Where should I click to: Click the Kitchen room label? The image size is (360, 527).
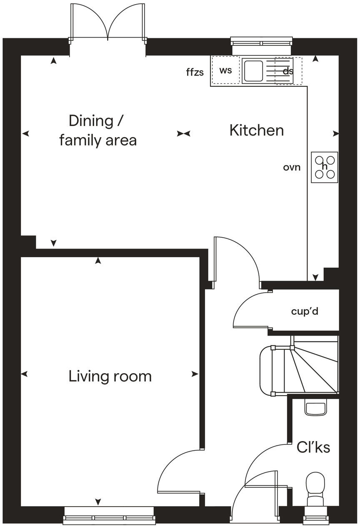256,130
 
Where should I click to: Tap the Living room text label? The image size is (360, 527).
110,376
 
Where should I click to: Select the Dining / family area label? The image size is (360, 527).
97,130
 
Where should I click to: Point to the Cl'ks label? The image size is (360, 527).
313,447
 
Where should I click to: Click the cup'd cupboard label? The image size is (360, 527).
305,311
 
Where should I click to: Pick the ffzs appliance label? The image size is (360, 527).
195,72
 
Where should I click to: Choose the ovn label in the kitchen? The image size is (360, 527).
292,167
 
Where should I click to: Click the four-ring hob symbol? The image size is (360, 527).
325,167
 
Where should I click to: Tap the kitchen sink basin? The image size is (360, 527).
252,71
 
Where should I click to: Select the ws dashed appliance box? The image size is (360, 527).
225,70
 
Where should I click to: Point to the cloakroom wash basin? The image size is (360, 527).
315,407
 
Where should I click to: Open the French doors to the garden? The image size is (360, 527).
108,23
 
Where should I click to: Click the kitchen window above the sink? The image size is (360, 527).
261,42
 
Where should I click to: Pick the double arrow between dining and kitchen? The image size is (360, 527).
183,133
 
